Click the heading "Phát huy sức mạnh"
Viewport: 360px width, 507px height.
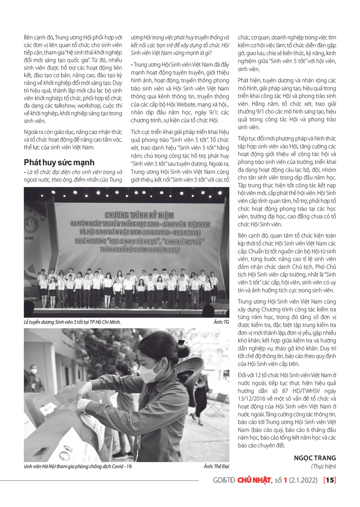pyautogui.click(x=59, y=162)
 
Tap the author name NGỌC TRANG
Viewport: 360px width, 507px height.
pyautogui.click(x=315, y=458)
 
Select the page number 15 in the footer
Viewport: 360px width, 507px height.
pyautogui.click(x=330, y=480)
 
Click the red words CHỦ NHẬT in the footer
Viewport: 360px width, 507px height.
pyautogui.click(x=254, y=480)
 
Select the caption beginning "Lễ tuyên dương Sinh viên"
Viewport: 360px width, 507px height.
pyautogui.click(x=72, y=322)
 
